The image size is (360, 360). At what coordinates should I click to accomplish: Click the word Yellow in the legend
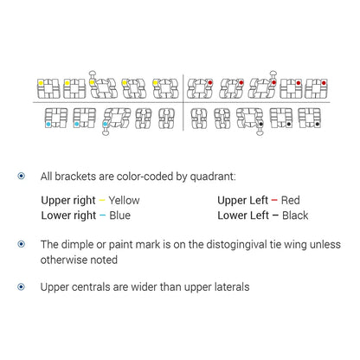tap(124, 200)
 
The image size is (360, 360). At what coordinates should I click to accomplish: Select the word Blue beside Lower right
tap(119, 215)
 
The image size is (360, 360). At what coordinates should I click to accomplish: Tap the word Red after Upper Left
tap(290, 200)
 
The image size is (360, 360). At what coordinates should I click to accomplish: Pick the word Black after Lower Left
tap(295, 215)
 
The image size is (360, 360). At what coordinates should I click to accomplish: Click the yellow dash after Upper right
tap(102, 200)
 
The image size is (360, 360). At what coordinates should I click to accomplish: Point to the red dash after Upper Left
tap(274, 200)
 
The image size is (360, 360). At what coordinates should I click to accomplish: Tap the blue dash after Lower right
tap(102, 215)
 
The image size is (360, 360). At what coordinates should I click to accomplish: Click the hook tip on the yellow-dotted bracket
tap(92, 73)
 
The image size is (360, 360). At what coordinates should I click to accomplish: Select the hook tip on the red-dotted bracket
tap(273, 73)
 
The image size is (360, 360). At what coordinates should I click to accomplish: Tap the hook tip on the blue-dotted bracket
tap(106, 132)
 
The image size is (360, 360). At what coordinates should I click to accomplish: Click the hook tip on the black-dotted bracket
tap(260, 132)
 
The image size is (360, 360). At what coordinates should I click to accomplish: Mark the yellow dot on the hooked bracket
tap(92, 83)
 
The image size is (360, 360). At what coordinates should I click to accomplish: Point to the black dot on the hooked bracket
tap(260, 124)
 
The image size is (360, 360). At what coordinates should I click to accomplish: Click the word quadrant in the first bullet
tap(213, 177)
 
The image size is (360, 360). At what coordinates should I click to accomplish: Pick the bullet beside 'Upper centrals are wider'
tap(22, 287)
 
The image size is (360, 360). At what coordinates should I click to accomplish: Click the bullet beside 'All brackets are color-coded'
tap(22, 176)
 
